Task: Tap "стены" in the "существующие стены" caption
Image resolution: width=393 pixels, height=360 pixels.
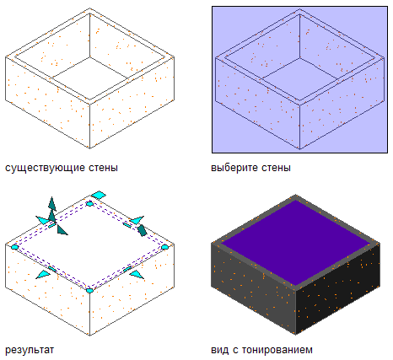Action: click(103, 168)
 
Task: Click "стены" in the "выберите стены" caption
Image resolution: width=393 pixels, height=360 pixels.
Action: click(277, 168)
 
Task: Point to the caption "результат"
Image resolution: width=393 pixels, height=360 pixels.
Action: click(30, 351)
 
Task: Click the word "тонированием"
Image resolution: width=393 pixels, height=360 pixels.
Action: click(277, 351)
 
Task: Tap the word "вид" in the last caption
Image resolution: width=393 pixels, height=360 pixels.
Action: click(220, 350)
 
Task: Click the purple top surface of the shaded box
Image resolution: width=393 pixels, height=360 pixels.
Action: click(295, 243)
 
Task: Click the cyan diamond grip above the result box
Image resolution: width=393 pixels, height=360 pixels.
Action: click(99, 195)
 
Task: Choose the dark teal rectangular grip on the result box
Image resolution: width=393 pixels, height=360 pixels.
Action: click(142, 230)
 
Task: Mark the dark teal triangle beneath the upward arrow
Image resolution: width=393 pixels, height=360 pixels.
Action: click(62, 230)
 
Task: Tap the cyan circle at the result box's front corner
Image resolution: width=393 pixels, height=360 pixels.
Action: click(89, 291)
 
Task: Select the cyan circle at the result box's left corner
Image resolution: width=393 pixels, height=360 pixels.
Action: click(14, 247)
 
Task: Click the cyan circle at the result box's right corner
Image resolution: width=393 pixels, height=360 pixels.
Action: click(164, 247)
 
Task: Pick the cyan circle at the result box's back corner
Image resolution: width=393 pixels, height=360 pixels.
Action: click(89, 204)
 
